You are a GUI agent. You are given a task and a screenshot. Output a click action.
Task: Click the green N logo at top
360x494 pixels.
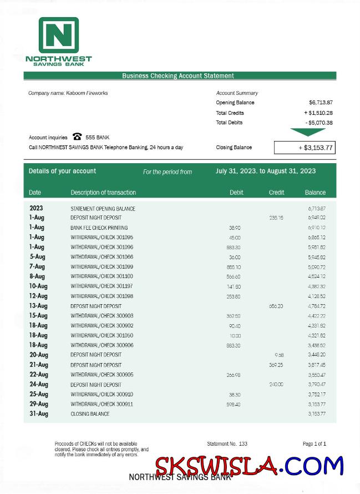[58, 35]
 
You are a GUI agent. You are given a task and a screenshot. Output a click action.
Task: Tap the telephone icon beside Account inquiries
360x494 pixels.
[77, 137]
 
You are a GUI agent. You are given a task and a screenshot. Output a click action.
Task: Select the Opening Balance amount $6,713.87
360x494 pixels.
[321, 103]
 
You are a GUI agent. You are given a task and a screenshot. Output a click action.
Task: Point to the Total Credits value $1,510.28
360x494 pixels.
[318, 113]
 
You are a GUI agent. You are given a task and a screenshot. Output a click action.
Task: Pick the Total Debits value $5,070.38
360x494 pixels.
[319, 123]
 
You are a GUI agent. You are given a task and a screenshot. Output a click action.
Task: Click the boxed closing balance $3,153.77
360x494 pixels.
[305, 148]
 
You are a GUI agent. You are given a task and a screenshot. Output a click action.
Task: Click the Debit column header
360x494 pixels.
[236, 193]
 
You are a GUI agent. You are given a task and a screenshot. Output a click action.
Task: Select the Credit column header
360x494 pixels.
[276, 193]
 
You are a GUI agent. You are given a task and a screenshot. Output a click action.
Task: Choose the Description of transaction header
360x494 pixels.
[103, 193]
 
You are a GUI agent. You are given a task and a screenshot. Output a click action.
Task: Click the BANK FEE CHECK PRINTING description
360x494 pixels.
[99, 228]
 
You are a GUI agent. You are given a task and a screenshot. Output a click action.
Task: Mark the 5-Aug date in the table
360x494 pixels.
[38, 257]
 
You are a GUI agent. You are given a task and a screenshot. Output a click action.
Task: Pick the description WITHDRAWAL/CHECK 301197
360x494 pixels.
[102, 286]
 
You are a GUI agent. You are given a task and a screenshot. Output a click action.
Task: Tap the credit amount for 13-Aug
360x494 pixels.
[276, 306]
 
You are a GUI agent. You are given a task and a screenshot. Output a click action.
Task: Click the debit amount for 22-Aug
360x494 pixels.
[234, 375]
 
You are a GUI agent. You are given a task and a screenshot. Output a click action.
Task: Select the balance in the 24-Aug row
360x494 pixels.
[316, 385]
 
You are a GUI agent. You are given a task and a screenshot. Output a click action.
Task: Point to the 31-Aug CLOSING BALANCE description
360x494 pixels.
[90, 414]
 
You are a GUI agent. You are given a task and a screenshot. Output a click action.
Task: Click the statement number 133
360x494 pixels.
[243, 444]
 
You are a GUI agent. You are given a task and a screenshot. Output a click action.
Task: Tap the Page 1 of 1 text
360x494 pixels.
[314, 444]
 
